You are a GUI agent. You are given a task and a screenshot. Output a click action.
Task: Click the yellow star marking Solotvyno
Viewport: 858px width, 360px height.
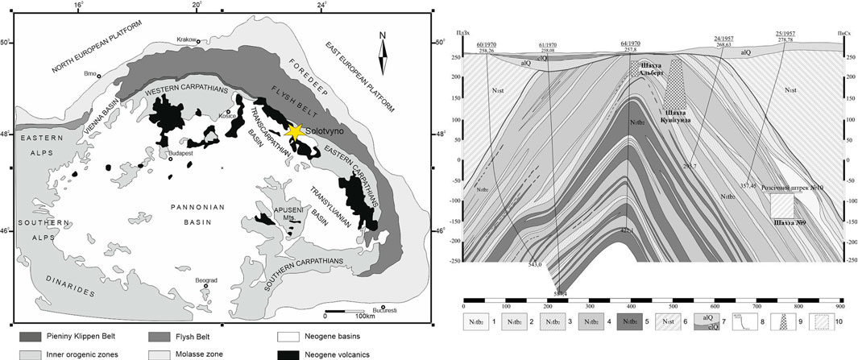[294, 131]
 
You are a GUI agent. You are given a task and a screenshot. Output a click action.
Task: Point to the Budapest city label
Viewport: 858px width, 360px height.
[183, 151]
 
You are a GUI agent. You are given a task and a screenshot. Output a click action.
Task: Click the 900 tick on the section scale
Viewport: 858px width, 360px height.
[839, 307]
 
